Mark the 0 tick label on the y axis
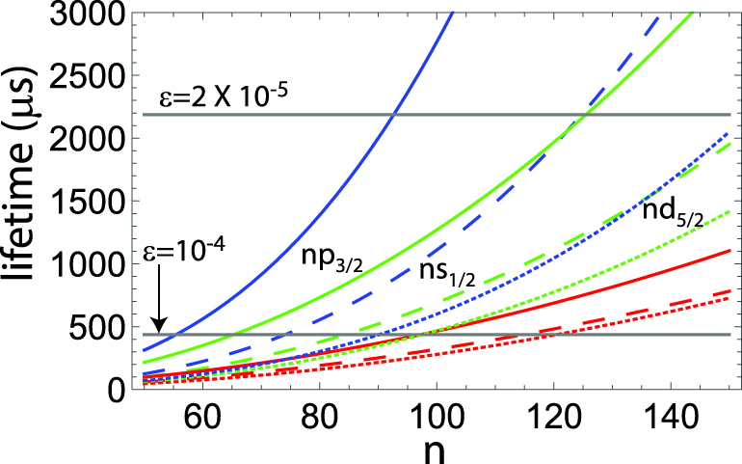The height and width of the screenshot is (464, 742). tap(113, 390)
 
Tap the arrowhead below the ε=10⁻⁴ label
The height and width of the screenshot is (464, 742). tap(160, 327)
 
